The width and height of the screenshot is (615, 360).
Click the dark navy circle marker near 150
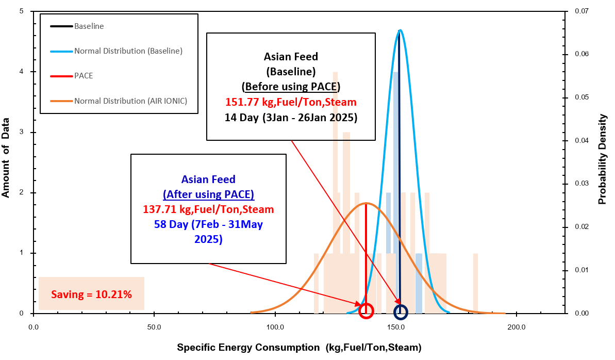click(x=401, y=312)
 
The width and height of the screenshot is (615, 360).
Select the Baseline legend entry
click(x=89, y=26)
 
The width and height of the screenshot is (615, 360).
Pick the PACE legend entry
click(x=84, y=76)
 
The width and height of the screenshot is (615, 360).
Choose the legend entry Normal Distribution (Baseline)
click(x=128, y=51)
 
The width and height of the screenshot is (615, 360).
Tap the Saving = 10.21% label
click(x=91, y=294)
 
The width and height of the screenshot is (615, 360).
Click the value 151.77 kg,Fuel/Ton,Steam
click(x=291, y=101)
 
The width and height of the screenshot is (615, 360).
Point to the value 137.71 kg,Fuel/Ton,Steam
click(x=208, y=210)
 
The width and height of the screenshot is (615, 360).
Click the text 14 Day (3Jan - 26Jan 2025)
click(x=291, y=117)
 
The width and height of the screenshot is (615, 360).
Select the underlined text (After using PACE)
click(x=208, y=195)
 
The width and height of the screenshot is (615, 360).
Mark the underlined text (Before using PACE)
click(x=291, y=86)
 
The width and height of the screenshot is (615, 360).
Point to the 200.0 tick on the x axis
click(x=517, y=327)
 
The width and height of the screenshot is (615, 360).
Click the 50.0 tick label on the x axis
click(x=154, y=327)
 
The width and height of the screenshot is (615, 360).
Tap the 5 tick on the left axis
click(x=22, y=11)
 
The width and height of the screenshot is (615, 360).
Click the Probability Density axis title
click(x=603, y=159)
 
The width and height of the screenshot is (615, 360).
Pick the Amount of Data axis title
click(x=7, y=157)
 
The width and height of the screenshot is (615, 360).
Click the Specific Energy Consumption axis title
click(x=299, y=348)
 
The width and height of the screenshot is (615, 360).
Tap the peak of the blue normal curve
click(x=400, y=30)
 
